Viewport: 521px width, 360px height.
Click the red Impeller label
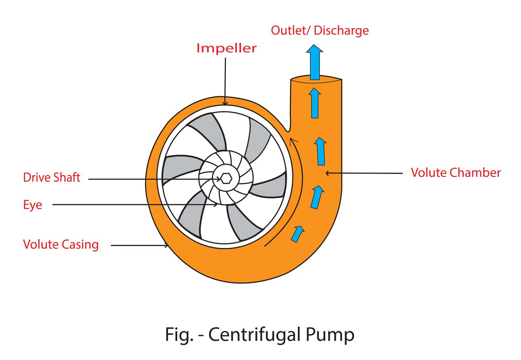tap(226, 48)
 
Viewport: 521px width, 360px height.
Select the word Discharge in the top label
tap(341, 30)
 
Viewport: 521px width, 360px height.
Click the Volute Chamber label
tap(455, 173)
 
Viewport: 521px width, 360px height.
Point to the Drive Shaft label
tap(51, 178)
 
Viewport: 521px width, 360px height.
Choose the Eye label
tap(32, 205)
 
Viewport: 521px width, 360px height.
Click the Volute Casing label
tap(61, 245)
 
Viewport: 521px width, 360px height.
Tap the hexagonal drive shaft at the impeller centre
tap(226, 178)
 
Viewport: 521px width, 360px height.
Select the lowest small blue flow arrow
tap(297, 234)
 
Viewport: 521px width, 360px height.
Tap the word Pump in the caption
tap(330, 334)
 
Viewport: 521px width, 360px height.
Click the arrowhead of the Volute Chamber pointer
tap(327, 173)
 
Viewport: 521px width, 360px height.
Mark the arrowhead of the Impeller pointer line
tap(225, 103)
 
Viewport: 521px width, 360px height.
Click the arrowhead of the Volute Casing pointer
tap(166, 246)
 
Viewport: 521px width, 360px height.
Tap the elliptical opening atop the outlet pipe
tap(316, 79)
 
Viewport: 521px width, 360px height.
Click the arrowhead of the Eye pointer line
tap(216, 205)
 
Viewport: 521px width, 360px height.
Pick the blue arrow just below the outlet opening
tap(315, 103)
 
